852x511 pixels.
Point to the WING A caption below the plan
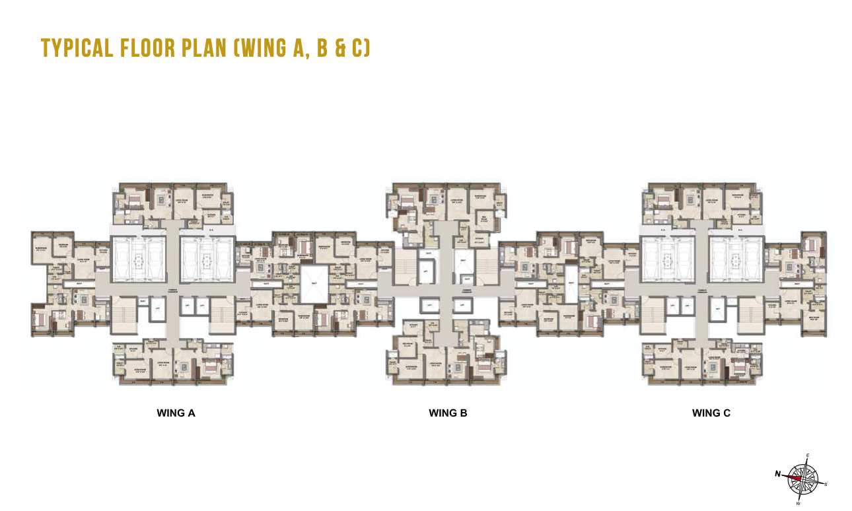pos(176,413)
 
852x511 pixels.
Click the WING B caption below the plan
pos(448,413)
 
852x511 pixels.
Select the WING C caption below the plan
pos(711,413)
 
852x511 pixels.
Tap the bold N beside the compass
pos(778,473)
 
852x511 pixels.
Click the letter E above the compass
pos(808,456)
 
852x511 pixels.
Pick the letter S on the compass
pos(826,484)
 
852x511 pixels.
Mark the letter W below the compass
pos(799,503)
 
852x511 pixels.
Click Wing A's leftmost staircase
pos(124,314)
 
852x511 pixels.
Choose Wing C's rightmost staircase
pos(750,314)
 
